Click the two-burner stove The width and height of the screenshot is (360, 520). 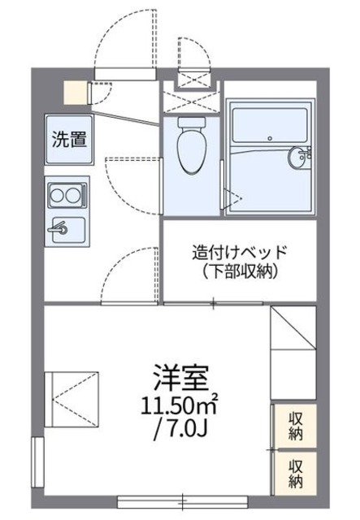click(x=66, y=195)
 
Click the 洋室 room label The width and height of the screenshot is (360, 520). click(x=180, y=377)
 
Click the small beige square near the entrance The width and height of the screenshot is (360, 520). click(x=76, y=92)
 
